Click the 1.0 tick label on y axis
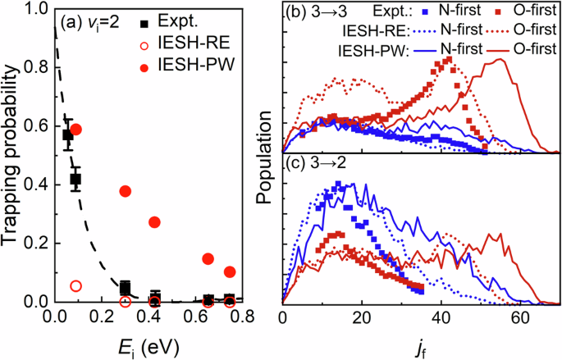click(x=34, y=11)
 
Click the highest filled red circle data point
click(x=76, y=130)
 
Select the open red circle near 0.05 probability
click(x=76, y=286)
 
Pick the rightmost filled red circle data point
click(x=230, y=271)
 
